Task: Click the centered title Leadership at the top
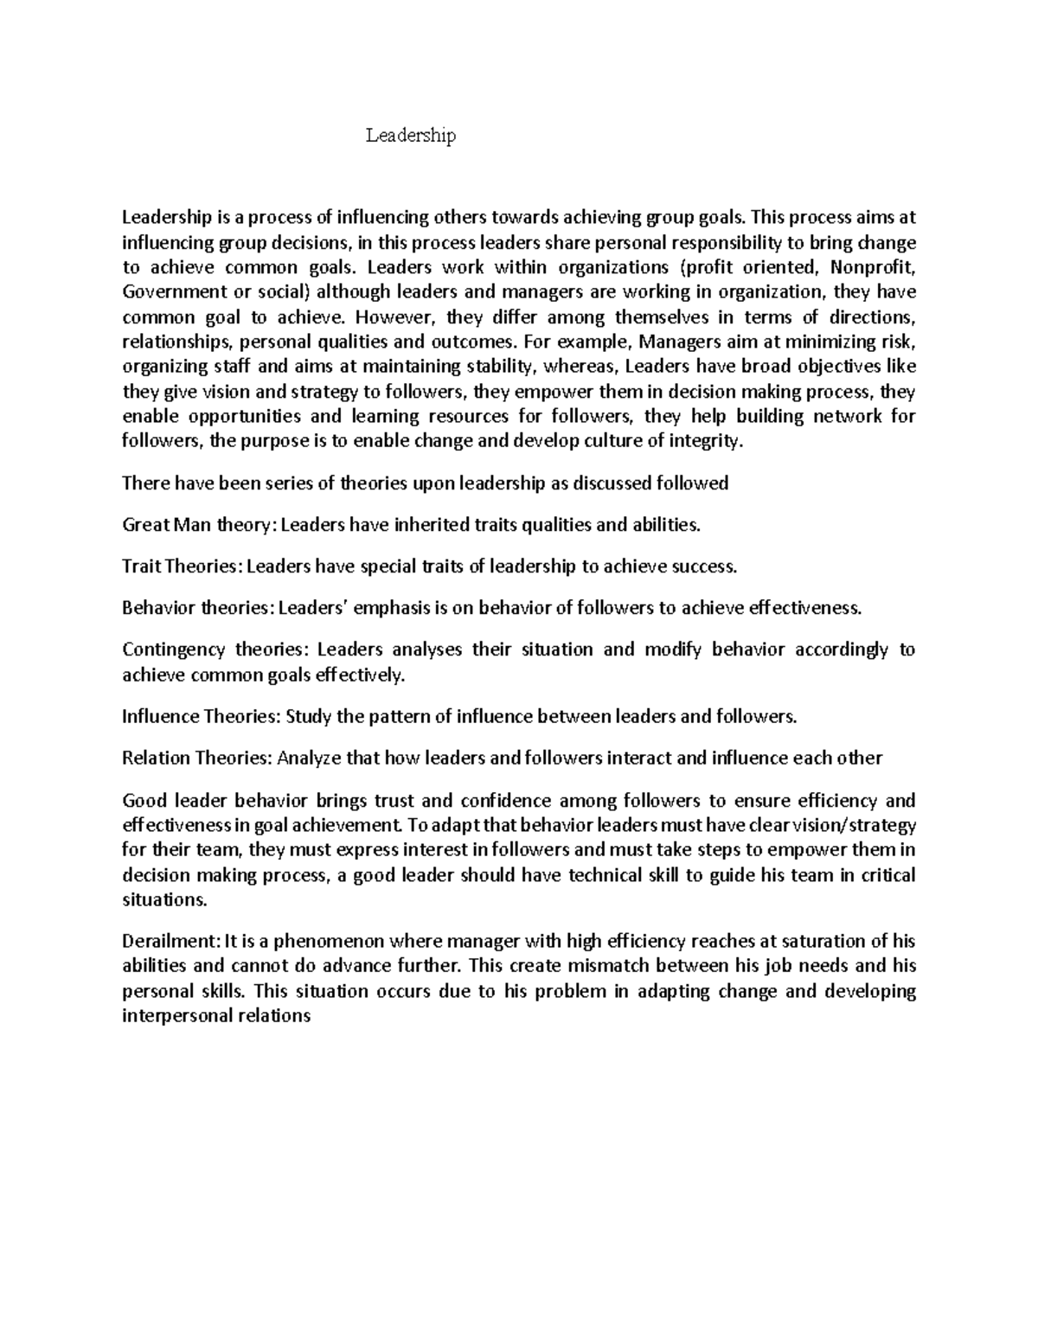(x=410, y=136)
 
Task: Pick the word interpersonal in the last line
(x=177, y=1016)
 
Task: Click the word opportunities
(x=228, y=416)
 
